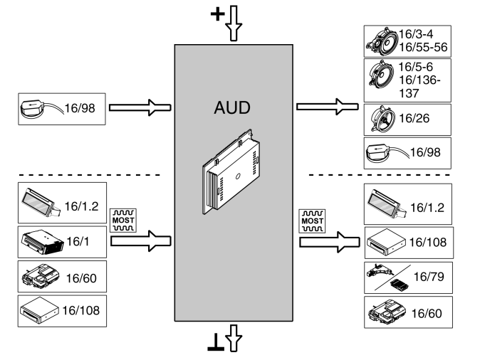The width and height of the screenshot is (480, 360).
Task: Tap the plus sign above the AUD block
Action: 220,15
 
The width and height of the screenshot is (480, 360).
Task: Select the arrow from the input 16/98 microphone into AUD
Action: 140,109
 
